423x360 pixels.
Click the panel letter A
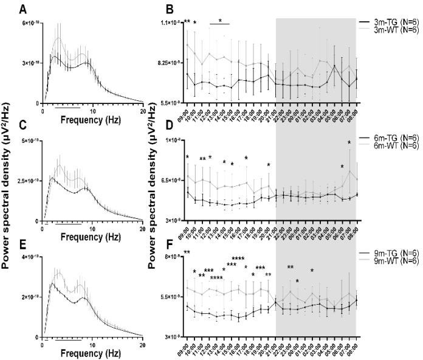[x=22, y=9]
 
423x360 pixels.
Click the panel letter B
[x=154, y=9]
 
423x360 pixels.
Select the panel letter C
[x=22, y=125]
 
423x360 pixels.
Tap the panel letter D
[x=154, y=125]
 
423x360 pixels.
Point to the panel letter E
[x=22, y=243]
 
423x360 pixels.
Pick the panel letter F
[x=154, y=243]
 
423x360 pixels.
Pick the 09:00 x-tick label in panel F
[x=185, y=346]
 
